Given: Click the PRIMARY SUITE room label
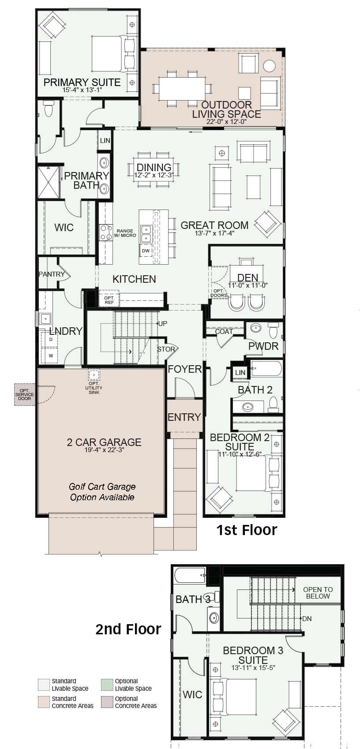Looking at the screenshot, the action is [x=82, y=82].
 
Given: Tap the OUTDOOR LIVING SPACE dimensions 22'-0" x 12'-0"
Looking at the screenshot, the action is [x=226, y=122].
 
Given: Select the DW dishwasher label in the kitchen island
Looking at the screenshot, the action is [x=146, y=251].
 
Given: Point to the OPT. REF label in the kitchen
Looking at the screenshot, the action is [x=109, y=300].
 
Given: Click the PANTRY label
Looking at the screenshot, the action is [x=52, y=274].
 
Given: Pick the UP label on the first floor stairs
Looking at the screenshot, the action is [x=163, y=324].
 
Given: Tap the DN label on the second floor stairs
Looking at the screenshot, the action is [x=307, y=618].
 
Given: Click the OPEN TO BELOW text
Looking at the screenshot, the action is [x=318, y=593].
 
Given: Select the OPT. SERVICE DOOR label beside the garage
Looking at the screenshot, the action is [x=24, y=394].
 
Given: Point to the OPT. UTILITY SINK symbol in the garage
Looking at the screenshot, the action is [x=94, y=375].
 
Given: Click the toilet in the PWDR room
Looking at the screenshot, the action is [x=274, y=330].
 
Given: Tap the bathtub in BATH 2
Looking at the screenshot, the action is [x=266, y=369].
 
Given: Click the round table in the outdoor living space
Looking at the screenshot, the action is [x=269, y=66].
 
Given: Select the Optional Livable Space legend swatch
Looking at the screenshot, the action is [x=107, y=685].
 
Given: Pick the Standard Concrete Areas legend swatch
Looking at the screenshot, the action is [x=44, y=702].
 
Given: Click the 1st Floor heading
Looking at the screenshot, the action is [x=247, y=530].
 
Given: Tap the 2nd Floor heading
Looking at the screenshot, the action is [x=128, y=629].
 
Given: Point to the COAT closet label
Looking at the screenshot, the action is [x=224, y=332].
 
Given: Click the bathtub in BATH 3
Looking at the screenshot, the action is [x=190, y=575].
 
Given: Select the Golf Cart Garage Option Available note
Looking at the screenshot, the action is [x=102, y=492].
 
